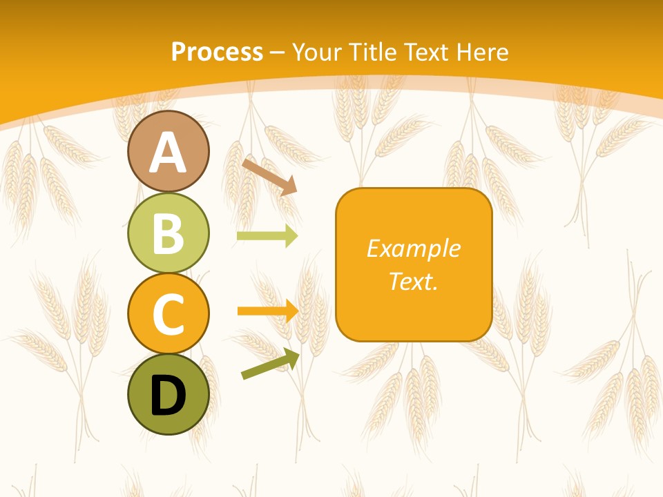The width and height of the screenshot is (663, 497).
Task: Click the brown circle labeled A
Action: (x=169, y=152)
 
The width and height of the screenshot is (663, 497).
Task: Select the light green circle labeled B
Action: (x=169, y=233)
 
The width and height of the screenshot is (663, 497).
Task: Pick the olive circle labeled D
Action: (x=169, y=394)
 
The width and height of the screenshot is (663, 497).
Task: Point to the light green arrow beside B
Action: (x=267, y=236)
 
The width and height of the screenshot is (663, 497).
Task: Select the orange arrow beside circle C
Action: (x=268, y=311)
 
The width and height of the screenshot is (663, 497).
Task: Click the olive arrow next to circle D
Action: (x=270, y=364)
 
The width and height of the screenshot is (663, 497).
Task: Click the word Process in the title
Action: (x=217, y=52)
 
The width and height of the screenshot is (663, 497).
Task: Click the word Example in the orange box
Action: (x=414, y=248)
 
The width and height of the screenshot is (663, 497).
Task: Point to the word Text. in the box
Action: (x=414, y=281)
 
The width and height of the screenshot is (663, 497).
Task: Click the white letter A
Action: (x=169, y=153)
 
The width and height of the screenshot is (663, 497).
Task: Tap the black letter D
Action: (x=169, y=396)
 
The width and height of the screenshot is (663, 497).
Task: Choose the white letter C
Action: (x=169, y=314)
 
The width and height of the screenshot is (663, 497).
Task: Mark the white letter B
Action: (x=169, y=234)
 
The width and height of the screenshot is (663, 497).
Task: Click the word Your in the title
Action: (x=316, y=52)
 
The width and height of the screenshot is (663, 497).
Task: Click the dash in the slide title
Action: (x=278, y=53)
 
